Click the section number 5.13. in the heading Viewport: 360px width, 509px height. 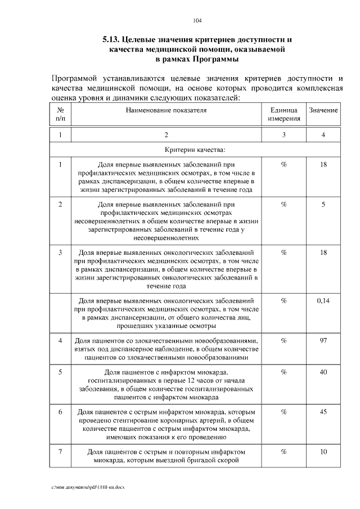pos(112,40)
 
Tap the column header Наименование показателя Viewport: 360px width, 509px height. pos(166,110)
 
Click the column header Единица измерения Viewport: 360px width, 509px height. pos(283,114)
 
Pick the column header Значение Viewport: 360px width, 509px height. pos(323,110)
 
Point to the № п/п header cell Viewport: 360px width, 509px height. pos(60,114)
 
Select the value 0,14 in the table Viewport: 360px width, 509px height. pos(323,301)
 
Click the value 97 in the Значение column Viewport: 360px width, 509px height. pos(323,341)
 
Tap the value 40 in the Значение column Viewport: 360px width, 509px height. pos(323,372)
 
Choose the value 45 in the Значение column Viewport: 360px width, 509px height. pos(323,412)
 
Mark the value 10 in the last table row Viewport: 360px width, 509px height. pos(323,452)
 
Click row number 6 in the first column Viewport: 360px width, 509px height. pos(60,412)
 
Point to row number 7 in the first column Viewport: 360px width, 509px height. pos(60,452)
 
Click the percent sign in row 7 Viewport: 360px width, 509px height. pos(283,452)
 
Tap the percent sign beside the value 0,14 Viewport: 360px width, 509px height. pos(283,301)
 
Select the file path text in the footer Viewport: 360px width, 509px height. pos(88,485)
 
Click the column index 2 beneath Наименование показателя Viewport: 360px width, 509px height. pos(166,135)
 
